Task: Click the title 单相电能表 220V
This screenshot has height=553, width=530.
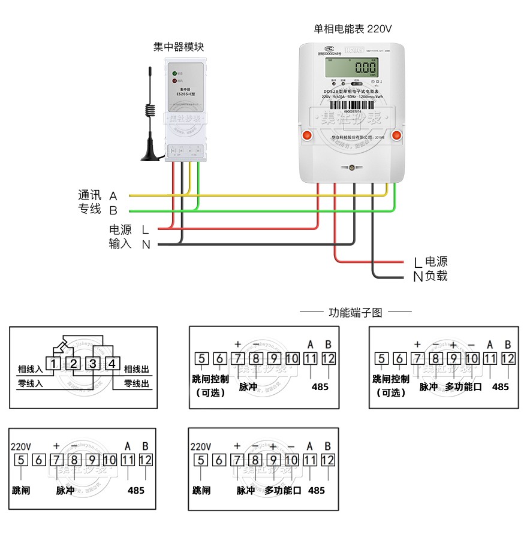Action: (x=353, y=29)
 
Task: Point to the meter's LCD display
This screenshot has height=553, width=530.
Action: (x=351, y=66)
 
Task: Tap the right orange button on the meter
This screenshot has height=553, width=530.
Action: (x=396, y=135)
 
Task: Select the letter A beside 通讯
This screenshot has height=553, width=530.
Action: (x=113, y=196)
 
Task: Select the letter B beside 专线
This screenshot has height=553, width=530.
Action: (x=113, y=210)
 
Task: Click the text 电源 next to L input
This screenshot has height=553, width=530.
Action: (x=120, y=229)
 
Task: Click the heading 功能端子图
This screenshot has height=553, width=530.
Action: (x=356, y=312)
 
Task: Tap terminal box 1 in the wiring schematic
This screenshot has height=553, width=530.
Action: (x=54, y=364)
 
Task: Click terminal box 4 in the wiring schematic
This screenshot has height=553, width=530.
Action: (x=112, y=364)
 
